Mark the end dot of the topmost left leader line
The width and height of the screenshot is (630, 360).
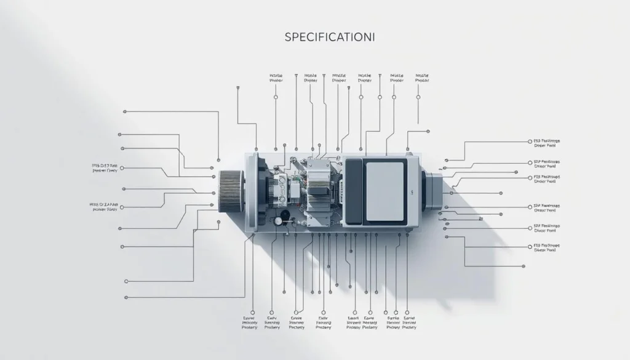pyautogui.click(x=125, y=111)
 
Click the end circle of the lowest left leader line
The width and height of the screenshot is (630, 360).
pyautogui.click(x=126, y=281)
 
